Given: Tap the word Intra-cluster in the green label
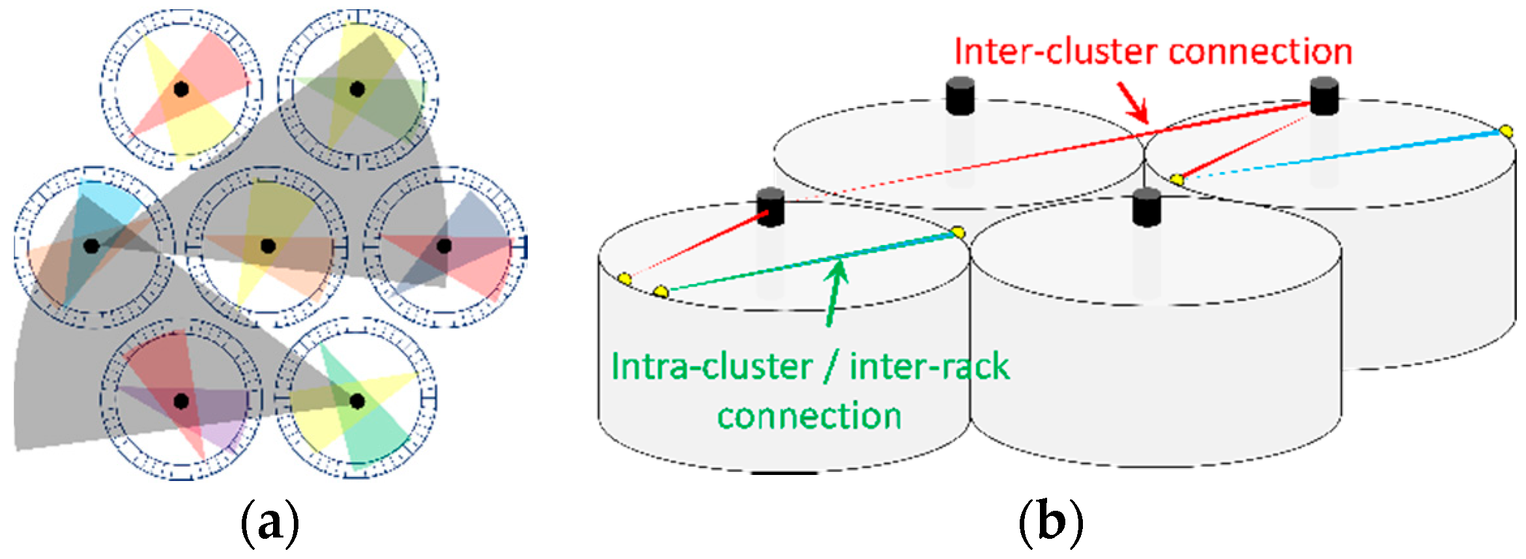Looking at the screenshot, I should tap(710, 367).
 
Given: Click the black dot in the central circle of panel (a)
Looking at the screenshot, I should tap(268, 246).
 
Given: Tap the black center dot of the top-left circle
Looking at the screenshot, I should tap(181, 89).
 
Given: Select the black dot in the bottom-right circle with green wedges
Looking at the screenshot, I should tap(357, 401).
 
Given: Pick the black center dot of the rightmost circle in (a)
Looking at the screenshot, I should tap(444, 246).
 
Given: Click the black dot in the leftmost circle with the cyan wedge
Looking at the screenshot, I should tap(91, 246).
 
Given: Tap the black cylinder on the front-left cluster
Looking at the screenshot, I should tap(770, 207).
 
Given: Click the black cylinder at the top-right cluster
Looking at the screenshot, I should tap(1324, 96).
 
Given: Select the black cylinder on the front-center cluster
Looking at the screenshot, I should tap(1146, 207).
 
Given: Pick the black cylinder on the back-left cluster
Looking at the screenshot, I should tap(960, 96).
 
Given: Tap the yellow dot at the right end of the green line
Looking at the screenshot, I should tap(957, 232).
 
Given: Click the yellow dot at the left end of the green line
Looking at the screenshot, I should tap(660, 291).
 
